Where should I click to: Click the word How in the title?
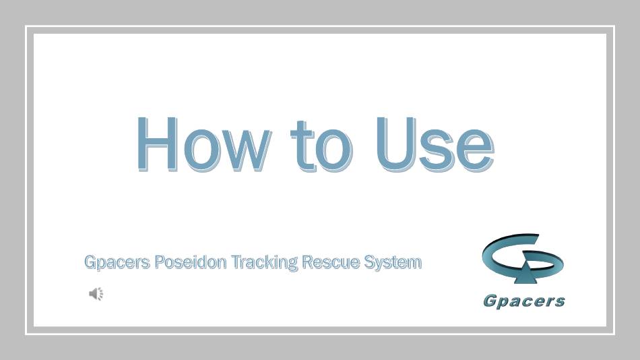coord(203,144)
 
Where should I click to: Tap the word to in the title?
coord(321,146)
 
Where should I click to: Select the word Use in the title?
coord(435,144)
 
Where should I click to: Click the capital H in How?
coord(157,144)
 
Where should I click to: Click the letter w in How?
coord(248,150)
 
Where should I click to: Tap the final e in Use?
coord(476,150)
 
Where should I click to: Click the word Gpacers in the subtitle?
coord(117,262)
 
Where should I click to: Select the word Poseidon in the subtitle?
coord(190,262)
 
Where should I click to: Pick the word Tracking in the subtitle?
coord(264,262)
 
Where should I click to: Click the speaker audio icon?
coord(96,294)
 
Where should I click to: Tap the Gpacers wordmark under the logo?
coord(524,301)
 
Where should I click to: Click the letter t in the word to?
coord(302,146)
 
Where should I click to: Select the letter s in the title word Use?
coord(435,150)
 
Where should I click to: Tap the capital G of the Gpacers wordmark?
coord(489,301)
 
